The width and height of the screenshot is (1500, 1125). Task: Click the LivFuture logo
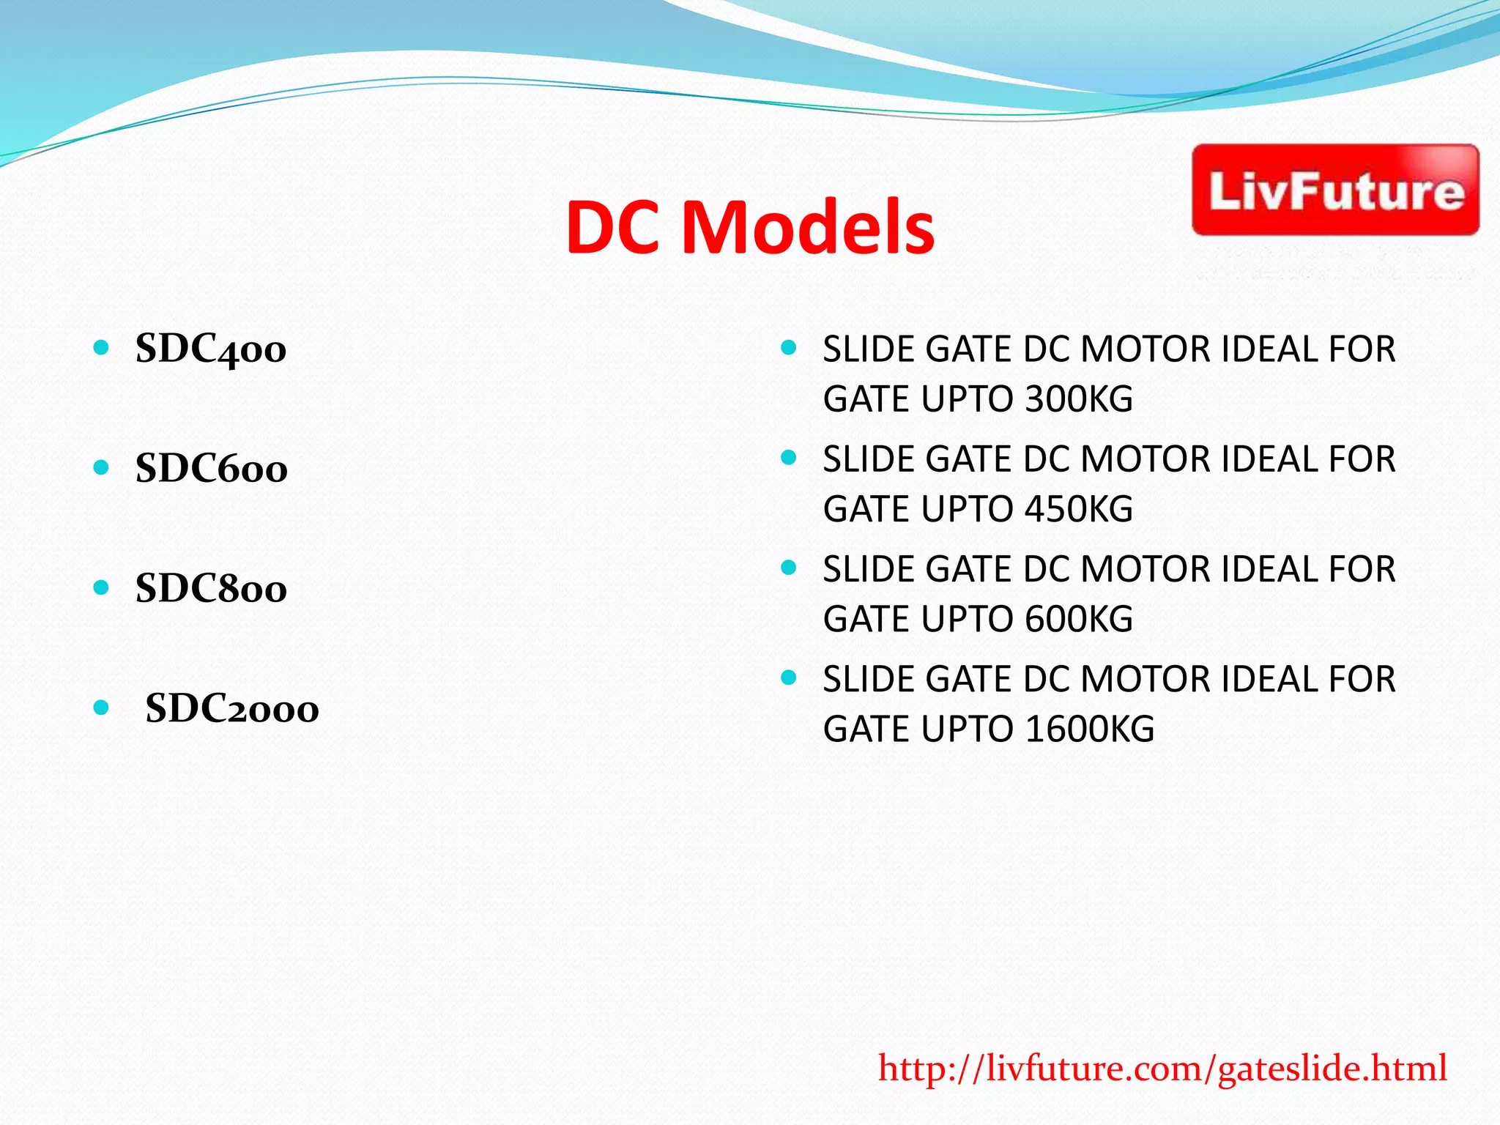1335,190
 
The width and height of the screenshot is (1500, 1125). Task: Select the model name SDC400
211,349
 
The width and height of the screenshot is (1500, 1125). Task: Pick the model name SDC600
212,469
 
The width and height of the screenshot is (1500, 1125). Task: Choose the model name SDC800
211,589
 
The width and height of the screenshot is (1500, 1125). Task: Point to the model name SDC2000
232,709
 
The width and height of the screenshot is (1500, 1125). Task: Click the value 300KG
1079,399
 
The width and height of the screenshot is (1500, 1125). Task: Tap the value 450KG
1079,509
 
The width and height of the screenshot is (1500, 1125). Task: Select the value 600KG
1079,620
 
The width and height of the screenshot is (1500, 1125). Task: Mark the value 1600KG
1090,729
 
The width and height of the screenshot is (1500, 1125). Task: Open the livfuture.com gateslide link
1162,1069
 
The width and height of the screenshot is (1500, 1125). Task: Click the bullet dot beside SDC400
102,347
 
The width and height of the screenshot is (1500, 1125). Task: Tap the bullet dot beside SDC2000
102,708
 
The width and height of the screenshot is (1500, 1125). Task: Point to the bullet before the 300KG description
789,348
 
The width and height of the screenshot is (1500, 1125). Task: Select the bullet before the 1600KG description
789,678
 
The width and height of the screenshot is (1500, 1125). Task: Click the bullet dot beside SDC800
102,587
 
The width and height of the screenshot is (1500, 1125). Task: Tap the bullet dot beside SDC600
102,467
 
